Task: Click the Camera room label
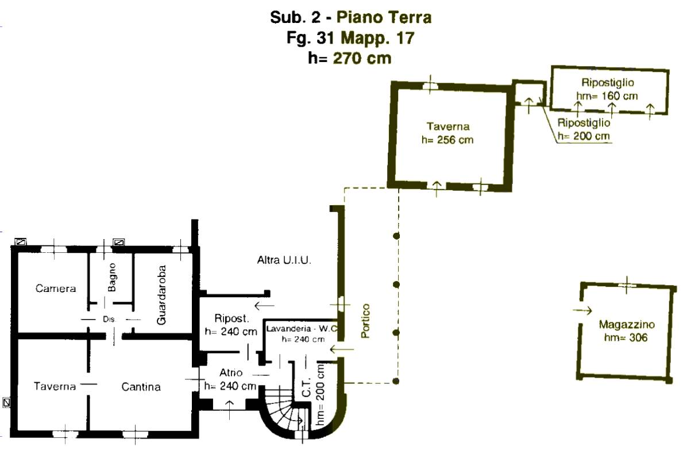point(56,288)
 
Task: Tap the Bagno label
point(112,277)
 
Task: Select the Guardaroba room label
point(161,295)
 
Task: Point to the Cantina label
point(141,386)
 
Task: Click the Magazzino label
point(626,324)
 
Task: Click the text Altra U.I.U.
point(284,260)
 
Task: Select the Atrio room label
point(231,372)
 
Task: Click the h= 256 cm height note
point(447,140)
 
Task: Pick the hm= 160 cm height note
point(607,96)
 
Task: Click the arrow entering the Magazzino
point(582,310)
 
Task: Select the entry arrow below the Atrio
point(229,410)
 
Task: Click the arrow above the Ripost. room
point(264,305)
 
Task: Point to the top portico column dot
point(396,236)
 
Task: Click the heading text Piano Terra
point(384,17)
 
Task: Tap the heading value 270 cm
point(362,58)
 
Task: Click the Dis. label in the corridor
point(109,320)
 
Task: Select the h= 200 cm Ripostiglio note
point(583,136)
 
